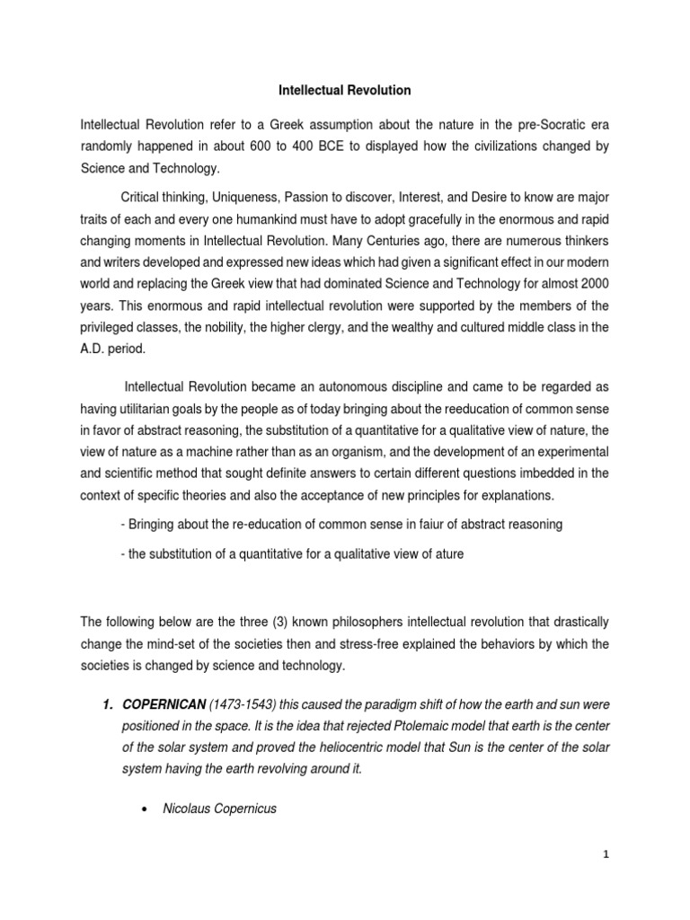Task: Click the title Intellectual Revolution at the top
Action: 344,90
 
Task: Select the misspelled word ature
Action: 446,554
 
